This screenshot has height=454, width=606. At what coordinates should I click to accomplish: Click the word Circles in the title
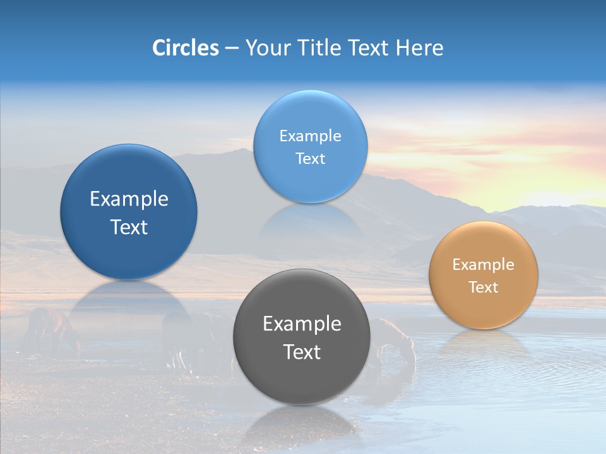(185, 48)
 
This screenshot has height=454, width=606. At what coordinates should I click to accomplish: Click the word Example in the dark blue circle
(129, 199)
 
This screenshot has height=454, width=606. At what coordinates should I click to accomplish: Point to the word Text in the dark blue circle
(129, 227)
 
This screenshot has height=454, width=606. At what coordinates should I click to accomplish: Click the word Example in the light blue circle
(310, 136)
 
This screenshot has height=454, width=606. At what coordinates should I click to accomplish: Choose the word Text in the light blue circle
(310, 158)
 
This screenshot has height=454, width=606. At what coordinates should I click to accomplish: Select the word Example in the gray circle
(302, 324)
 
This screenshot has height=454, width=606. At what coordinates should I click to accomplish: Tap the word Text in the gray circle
(302, 352)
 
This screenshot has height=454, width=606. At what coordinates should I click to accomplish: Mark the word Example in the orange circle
(483, 265)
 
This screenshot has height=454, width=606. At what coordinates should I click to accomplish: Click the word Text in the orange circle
(483, 287)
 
